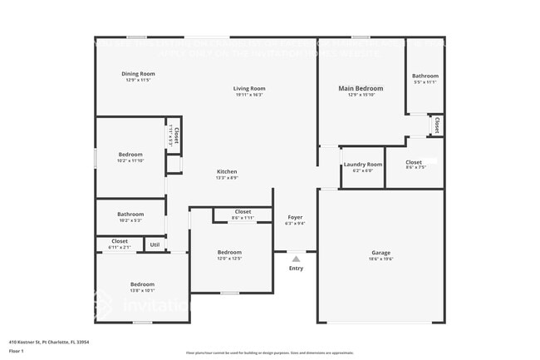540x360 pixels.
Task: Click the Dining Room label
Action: coord(140,73)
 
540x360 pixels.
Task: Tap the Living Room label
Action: coord(248,88)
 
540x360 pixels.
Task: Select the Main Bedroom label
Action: coord(361,88)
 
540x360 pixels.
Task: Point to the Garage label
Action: coord(380,253)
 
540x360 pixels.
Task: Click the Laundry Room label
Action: coord(363,165)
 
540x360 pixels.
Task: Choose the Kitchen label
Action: coord(227,171)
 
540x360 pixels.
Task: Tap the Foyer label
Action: coord(295,217)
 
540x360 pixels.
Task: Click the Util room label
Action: coord(155,244)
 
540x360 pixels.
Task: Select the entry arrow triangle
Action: coord(296,259)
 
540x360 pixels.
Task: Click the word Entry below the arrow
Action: coord(296,269)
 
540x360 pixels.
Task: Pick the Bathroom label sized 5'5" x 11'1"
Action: coord(425,76)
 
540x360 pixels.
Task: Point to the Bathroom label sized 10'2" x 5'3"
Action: coord(130,214)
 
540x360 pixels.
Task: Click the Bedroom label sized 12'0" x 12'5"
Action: coord(229,252)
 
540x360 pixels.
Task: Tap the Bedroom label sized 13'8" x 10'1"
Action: coord(142,285)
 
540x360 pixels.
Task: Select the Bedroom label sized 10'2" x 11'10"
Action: coord(130,154)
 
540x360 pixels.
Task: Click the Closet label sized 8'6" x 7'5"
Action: coord(414,162)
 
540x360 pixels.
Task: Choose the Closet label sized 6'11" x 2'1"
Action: coord(120,241)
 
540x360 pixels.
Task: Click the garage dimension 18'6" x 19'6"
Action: coord(380,259)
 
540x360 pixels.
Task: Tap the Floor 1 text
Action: coord(17,352)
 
